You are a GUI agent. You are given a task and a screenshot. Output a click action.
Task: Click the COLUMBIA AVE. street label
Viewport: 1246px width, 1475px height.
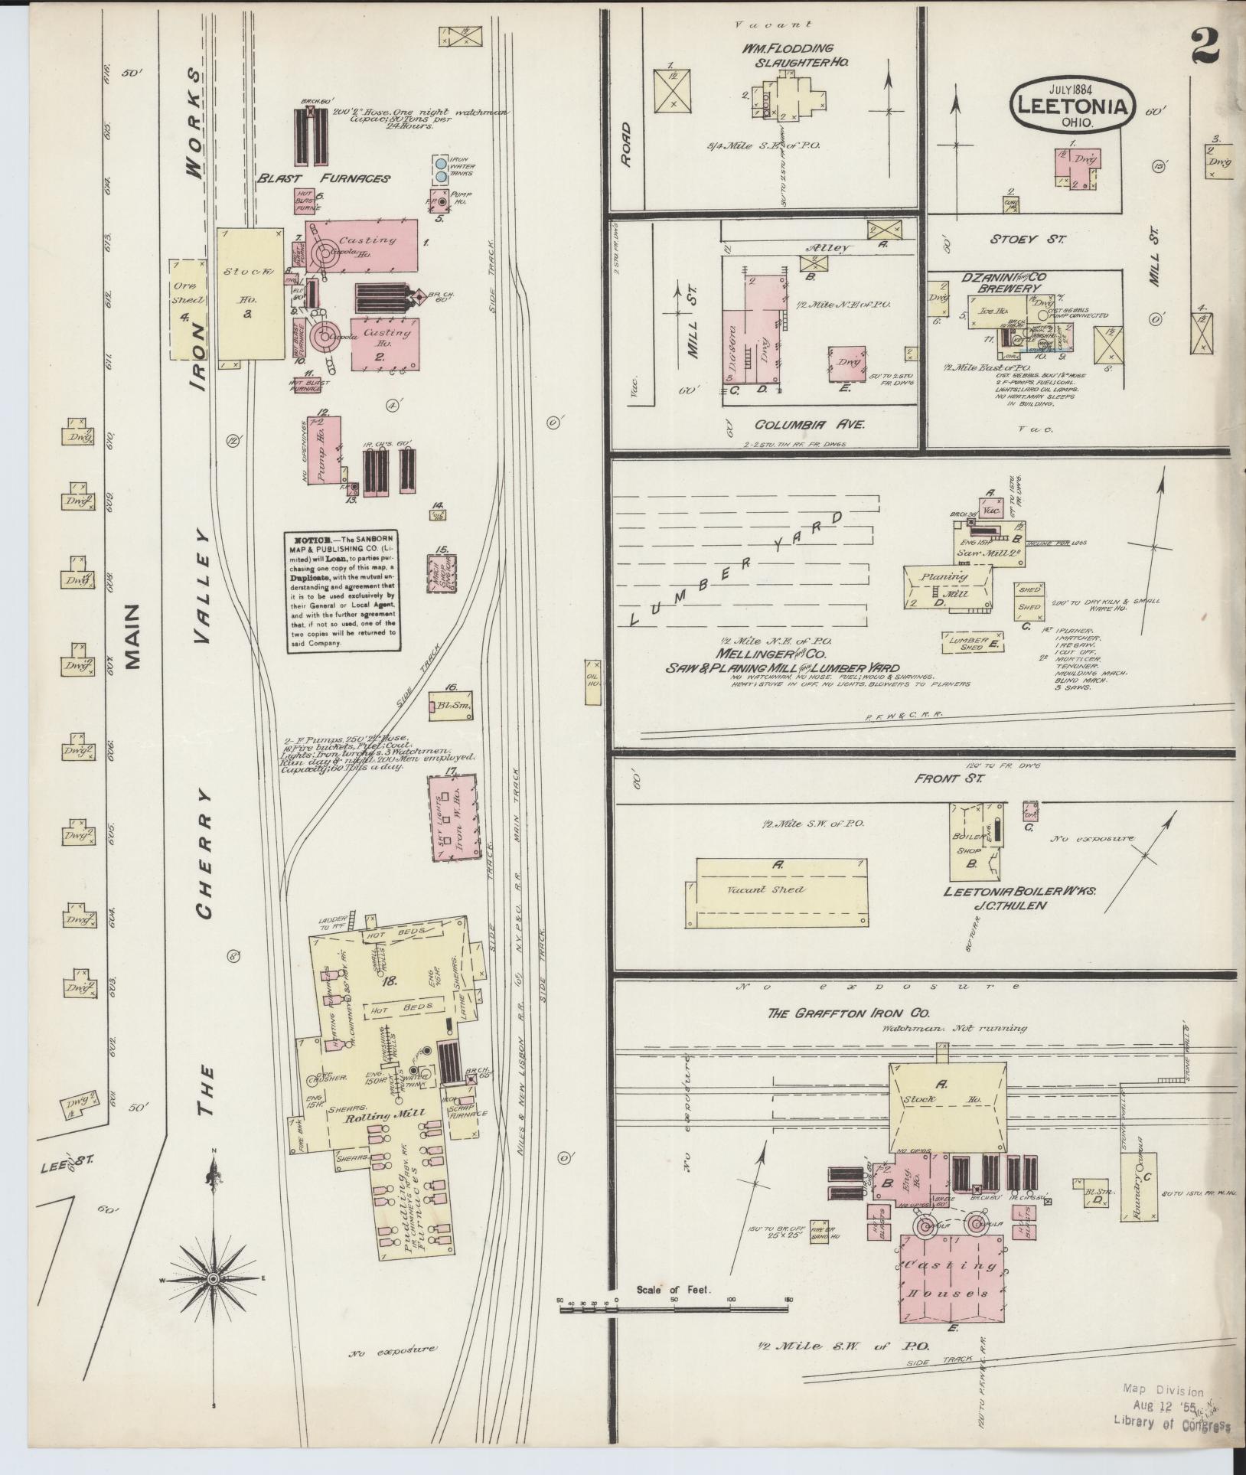coord(809,424)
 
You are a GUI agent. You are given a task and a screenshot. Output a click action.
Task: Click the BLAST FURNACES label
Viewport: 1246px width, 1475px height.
coord(324,178)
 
